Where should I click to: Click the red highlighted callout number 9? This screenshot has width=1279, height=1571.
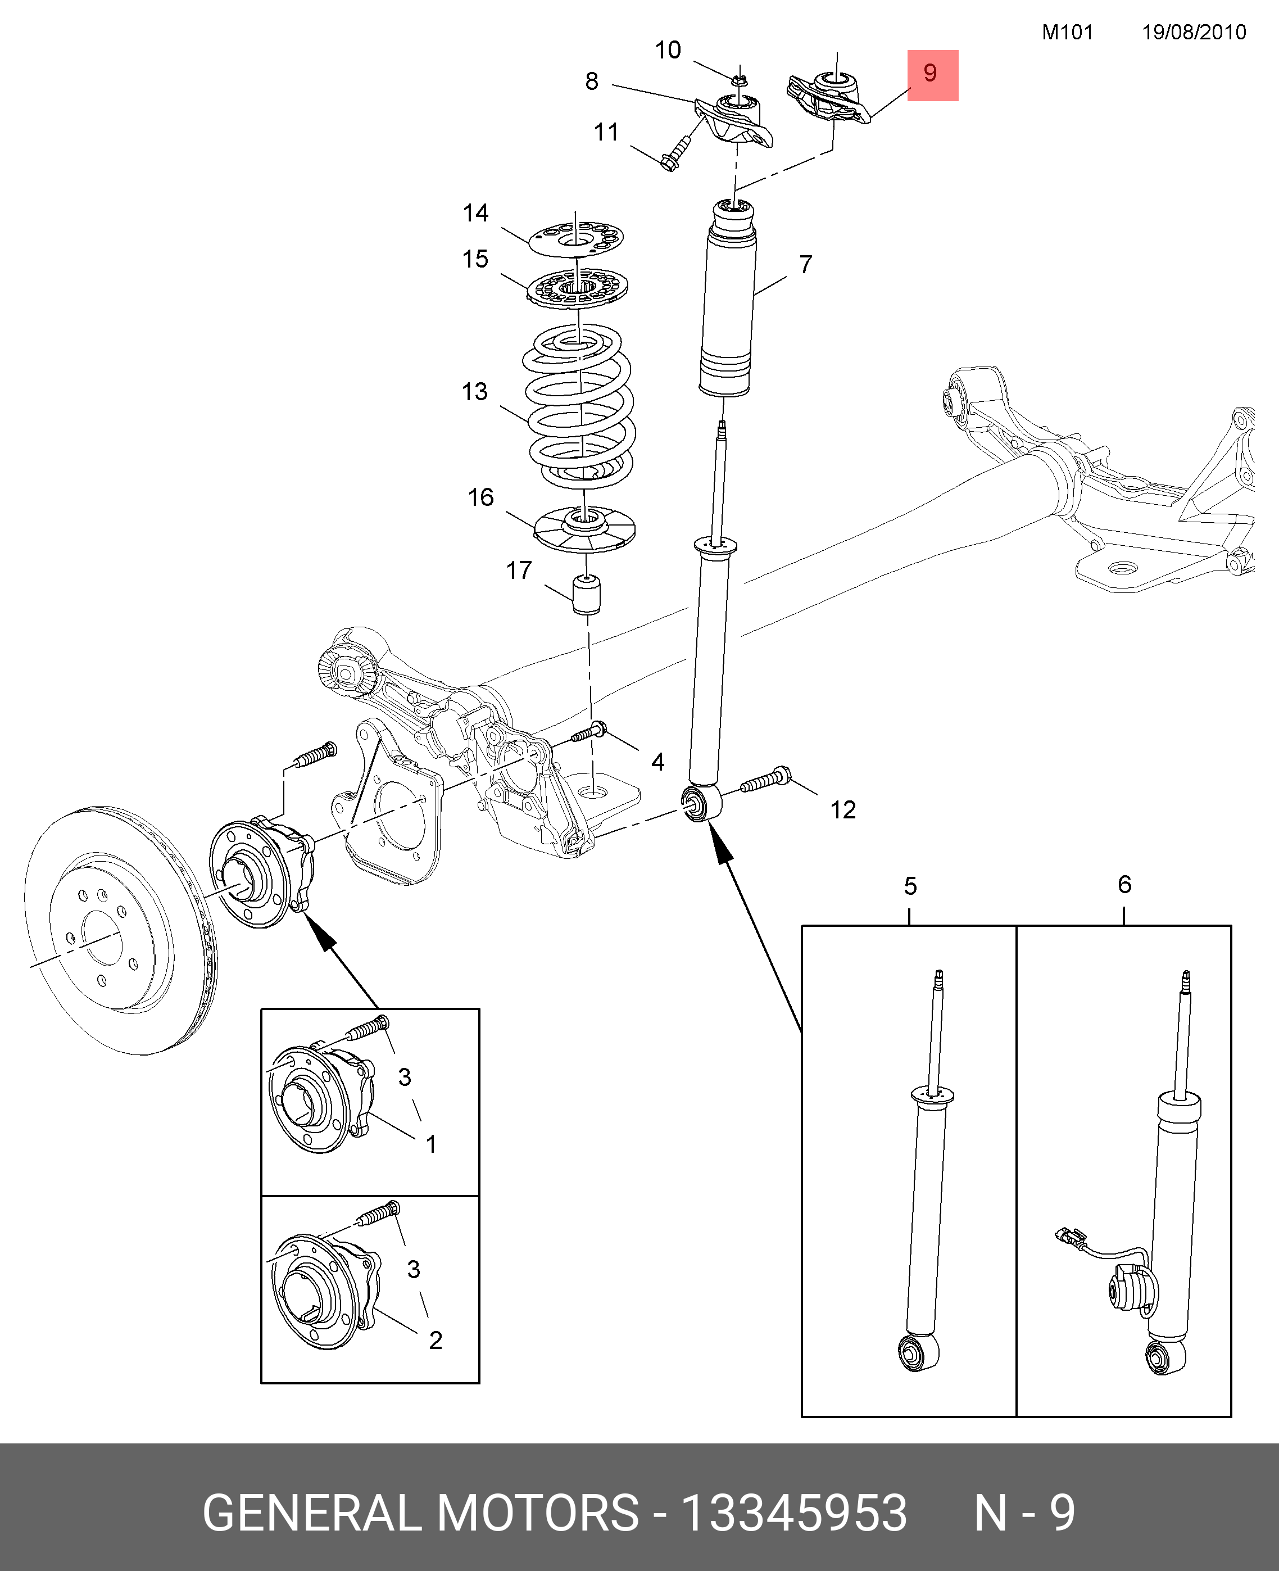coord(932,74)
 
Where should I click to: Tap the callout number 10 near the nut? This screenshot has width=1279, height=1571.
coord(668,51)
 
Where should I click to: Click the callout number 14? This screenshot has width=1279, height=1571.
coord(476,214)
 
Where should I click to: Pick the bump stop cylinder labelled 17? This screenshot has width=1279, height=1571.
coord(587,595)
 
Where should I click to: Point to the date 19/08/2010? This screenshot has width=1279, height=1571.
coord(1194,33)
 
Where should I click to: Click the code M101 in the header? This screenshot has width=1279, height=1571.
coord(1067,33)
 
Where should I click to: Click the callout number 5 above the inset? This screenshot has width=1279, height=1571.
coord(910,886)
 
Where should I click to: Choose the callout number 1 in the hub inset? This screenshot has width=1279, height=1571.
coord(431,1144)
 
